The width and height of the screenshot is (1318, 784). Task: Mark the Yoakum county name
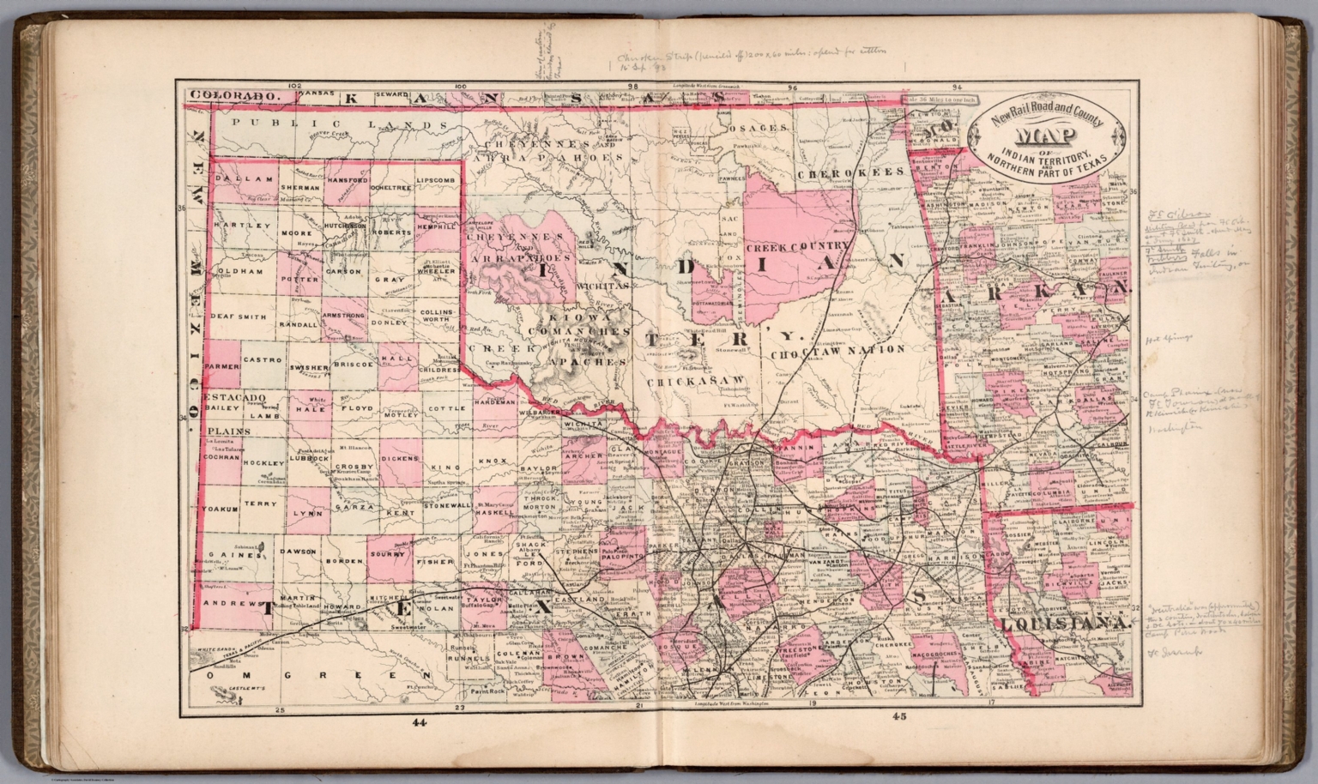(219, 509)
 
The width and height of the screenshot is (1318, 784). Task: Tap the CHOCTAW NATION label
(837, 350)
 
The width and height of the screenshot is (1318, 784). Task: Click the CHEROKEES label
(851, 172)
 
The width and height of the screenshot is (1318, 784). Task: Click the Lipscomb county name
(437, 181)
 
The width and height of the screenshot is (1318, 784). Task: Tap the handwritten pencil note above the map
(747, 57)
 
